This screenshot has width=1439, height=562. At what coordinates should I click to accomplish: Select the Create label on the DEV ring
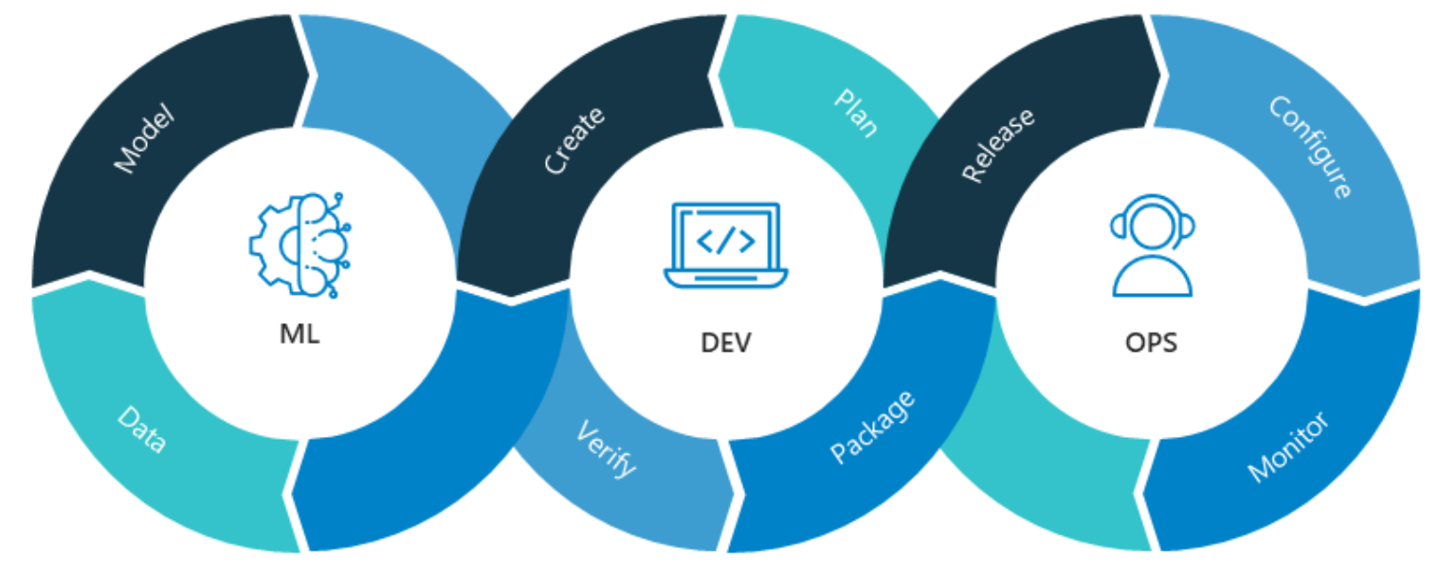pos(574,141)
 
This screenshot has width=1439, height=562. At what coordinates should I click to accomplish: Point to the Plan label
pos(855,113)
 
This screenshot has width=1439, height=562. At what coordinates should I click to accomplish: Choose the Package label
pos(873,426)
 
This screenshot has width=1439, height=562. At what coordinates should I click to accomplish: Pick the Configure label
pos(1311,147)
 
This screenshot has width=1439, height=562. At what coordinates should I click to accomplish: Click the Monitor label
pos(1288,446)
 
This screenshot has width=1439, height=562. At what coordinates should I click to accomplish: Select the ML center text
pos(300,334)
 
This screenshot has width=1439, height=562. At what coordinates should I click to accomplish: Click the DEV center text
pos(725,342)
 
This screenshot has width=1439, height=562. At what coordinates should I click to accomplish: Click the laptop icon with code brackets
pos(725,245)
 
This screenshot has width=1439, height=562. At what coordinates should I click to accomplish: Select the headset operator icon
pos(1152,245)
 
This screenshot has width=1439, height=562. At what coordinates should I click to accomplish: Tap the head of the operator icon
pos(1152,224)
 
